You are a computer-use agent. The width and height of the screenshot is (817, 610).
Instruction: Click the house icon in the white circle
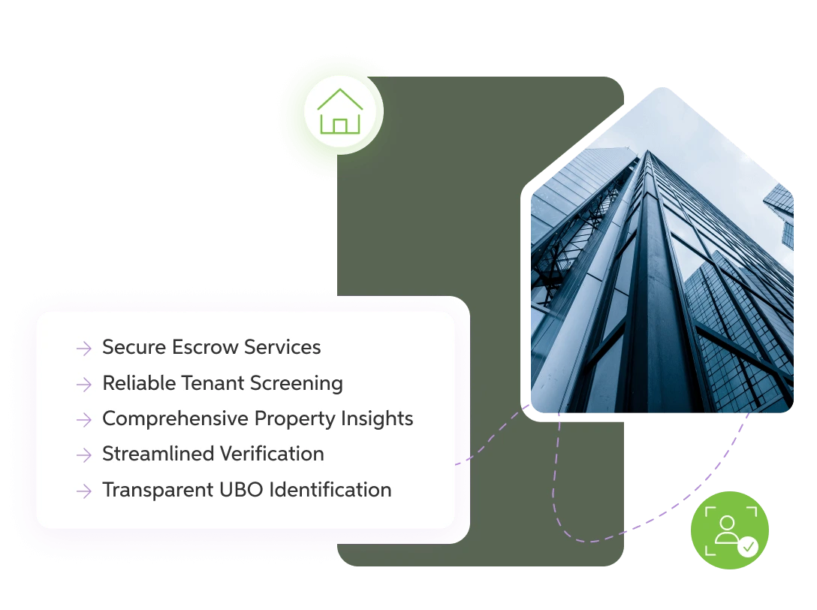(x=340, y=112)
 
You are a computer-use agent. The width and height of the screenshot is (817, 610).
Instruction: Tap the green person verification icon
(x=729, y=527)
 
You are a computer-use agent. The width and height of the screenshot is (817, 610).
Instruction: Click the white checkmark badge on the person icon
(x=748, y=547)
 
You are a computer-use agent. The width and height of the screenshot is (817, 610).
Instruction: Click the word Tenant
(x=210, y=383)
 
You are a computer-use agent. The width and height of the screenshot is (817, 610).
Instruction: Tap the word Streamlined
(x=153, y=454)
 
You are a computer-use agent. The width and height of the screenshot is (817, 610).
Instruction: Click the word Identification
(x=330, y=490)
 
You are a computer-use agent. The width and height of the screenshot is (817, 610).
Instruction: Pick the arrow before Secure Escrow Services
(x=83, y=348)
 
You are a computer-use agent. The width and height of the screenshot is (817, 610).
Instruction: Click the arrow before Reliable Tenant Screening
(x=83, y=384)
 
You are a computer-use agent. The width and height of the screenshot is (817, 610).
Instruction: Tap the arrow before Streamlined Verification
(x=83, y=455)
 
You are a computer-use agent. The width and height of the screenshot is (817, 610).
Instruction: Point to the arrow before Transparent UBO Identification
(x=83, y=491)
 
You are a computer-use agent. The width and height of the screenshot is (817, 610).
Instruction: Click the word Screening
(x=293, y=383)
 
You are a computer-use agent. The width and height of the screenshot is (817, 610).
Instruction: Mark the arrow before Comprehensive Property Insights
(x=83, y=419)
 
